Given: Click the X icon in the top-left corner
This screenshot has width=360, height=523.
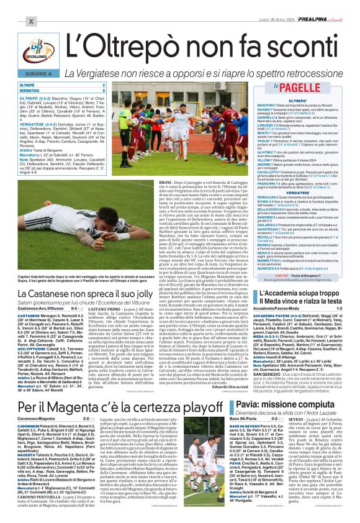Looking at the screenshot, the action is point(30,21).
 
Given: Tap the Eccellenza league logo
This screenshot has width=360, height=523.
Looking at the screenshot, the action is point(35,50).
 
